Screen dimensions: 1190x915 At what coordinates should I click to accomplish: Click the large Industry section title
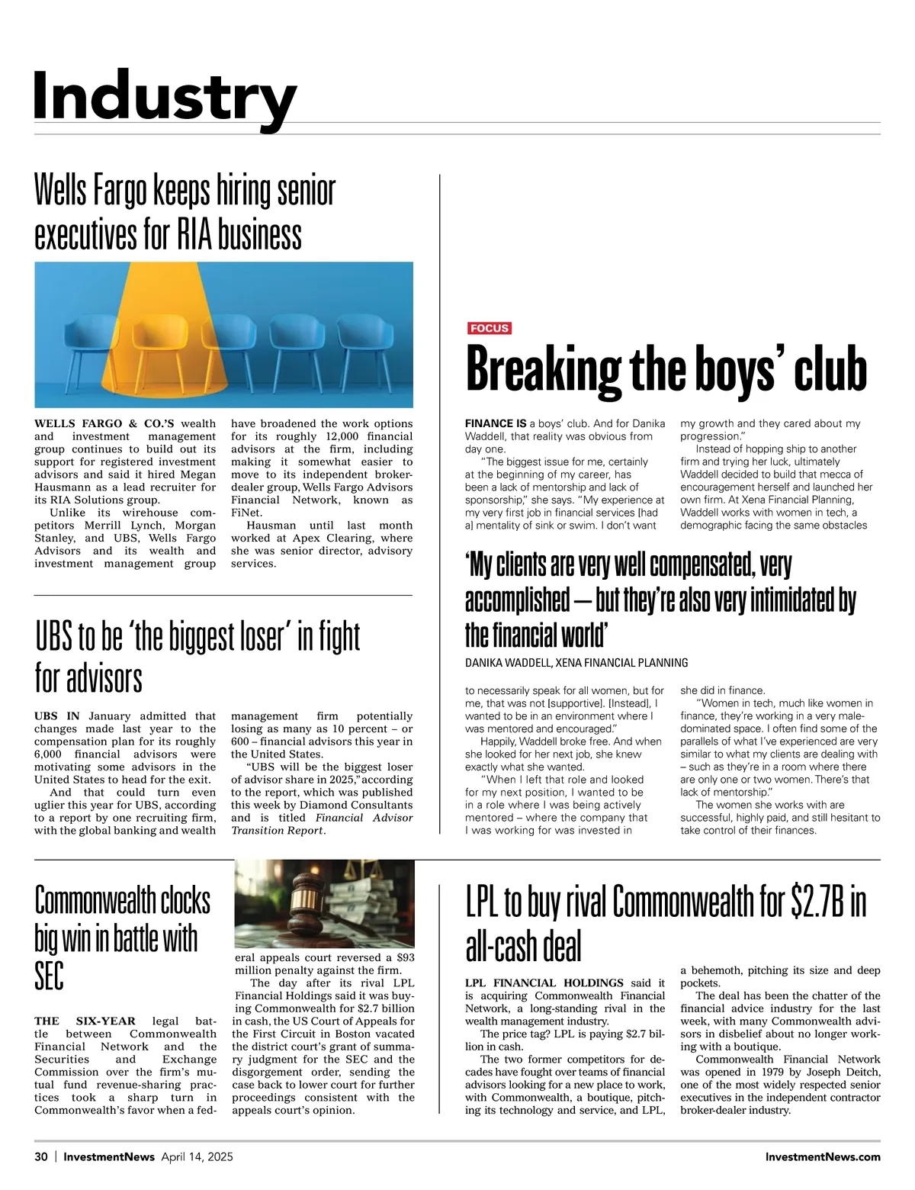point(164,96)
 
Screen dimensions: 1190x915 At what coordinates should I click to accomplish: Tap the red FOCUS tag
point(489,328)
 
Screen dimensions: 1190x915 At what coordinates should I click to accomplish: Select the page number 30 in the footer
point(40,1156)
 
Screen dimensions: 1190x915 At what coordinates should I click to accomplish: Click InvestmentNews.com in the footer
point(823,1156)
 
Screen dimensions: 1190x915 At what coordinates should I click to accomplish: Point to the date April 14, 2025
point(197,1156)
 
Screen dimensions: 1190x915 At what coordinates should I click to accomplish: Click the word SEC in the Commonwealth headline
point(50,976)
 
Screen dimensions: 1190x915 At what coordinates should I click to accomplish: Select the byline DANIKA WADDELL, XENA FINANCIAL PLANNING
point(576,663)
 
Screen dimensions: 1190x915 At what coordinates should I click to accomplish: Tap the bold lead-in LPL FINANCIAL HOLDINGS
point(544,983)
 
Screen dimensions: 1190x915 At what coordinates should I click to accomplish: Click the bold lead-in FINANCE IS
point(496,423)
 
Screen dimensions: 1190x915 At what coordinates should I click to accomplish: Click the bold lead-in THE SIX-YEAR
point(85,1021)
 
